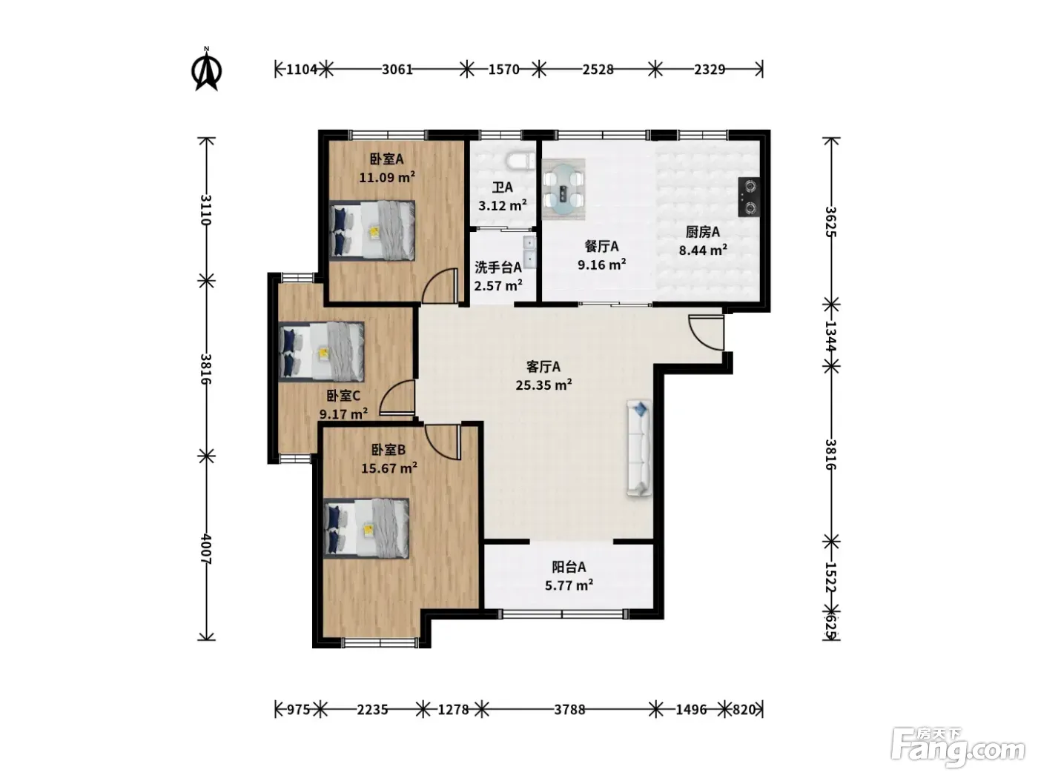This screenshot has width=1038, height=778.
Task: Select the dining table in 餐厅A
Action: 563,190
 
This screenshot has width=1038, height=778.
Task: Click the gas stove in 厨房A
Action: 749,197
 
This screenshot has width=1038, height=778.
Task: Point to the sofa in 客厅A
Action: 639,448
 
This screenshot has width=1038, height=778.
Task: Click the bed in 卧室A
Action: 372,230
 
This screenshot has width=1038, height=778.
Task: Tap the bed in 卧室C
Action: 322,351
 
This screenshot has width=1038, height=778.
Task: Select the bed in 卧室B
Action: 366,528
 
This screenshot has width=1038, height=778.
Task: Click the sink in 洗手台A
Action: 529,251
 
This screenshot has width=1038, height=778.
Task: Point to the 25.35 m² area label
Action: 543,385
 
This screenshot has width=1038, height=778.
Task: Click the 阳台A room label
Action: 569,567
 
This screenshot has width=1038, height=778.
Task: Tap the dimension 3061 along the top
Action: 397,70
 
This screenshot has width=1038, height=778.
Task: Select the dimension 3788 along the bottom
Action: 569,710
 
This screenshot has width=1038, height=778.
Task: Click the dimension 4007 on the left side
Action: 206,548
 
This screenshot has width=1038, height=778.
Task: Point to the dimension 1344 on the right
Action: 831,336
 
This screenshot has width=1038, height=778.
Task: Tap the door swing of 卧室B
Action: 443,442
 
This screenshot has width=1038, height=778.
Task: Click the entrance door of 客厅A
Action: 707,333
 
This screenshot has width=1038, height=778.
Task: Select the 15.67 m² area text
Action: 389,468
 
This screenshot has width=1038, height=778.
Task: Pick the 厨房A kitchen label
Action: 703,232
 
